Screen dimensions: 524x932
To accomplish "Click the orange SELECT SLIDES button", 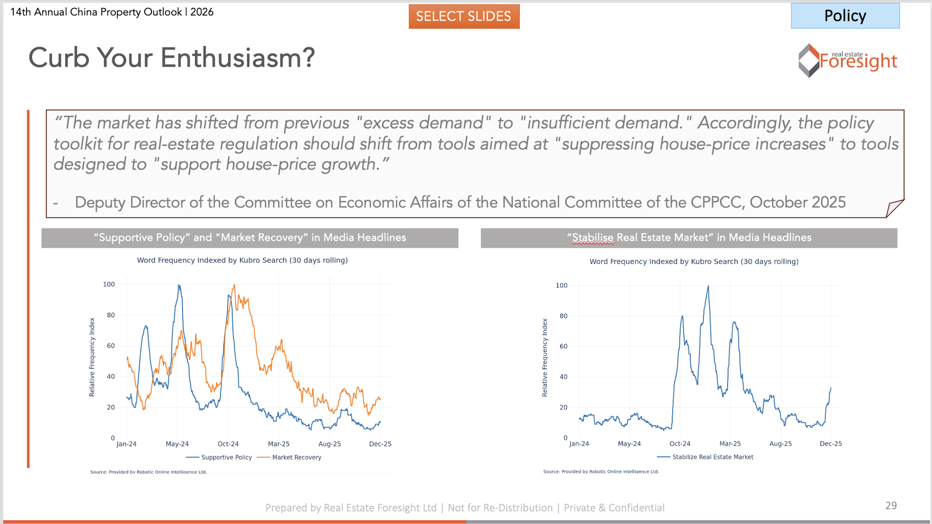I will [x=464, y=17].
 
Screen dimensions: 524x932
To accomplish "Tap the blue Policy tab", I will [x=845, y=16].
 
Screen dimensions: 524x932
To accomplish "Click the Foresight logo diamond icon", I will [x=809, y=61].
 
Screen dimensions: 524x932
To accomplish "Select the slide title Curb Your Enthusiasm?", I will [x=171, y=58].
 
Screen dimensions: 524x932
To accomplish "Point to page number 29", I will [x=891, y=506].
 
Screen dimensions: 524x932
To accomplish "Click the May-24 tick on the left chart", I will [x=177, y=444].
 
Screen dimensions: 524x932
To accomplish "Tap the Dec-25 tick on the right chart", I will [x=830, y=444].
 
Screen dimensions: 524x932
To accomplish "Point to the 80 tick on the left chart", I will [x=111, y=315].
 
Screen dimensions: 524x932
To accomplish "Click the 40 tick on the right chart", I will [x=563, y=377].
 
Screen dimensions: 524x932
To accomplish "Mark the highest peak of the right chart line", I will [x=708, y=286].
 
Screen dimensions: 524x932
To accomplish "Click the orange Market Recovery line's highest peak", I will [x=234, y=285].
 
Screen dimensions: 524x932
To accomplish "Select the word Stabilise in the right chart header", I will [x=593, y=237].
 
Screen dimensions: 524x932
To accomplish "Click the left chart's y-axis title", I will [x=92, y=357].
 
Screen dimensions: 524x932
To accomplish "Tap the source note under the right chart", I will [x=601, y=472].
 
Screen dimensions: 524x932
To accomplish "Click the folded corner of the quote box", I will [x=894, y=208].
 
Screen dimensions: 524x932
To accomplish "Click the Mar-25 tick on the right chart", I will [x=730, y=444].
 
